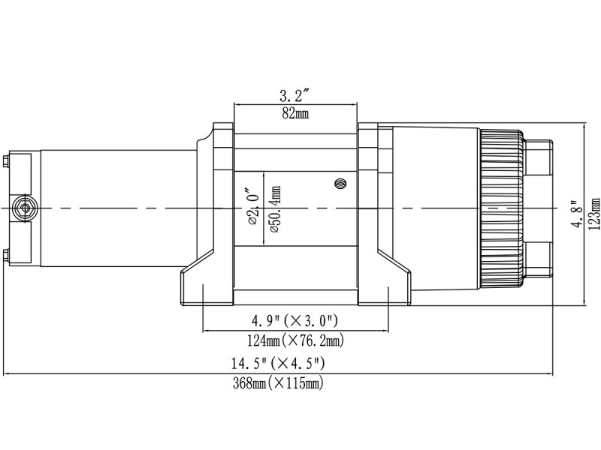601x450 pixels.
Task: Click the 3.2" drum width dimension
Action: (295, 95)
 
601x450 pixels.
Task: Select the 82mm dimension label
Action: (295, 113)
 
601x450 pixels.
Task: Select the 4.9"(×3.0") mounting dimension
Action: (294, 322)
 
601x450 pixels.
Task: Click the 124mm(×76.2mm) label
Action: (294, 340)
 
